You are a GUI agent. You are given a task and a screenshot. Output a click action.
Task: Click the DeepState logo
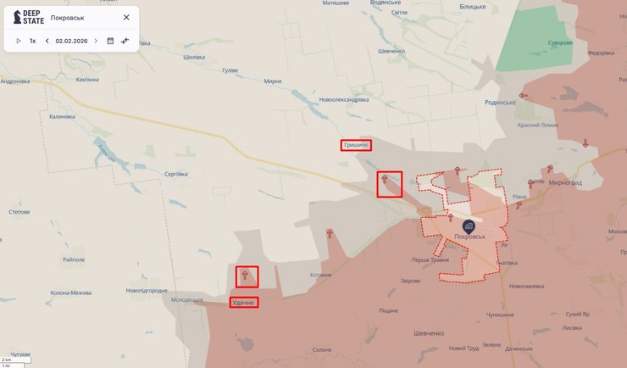tap(29, 17)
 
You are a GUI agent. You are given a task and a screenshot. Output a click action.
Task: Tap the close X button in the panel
tap(126, 17)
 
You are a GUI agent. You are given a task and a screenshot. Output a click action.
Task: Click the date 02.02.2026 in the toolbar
tap(71, 41)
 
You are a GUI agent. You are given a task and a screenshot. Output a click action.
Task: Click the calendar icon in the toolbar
tap(110, 41)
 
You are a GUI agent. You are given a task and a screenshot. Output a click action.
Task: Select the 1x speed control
tap(33, 41)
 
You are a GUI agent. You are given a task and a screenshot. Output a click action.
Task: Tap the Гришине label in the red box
tap(356, 145)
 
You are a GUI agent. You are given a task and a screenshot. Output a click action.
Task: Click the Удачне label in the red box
tap(243, 303)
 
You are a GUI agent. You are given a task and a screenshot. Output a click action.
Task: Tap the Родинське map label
tap(500, 102)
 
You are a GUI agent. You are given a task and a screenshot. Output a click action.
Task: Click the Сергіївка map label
tap(175, 173)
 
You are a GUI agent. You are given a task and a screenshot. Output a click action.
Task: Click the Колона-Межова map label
tap(70, 293)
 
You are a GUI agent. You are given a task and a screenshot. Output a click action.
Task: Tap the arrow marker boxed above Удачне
tap(247, 276)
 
